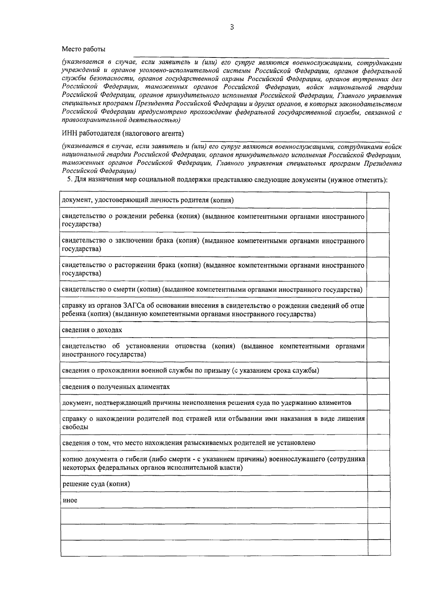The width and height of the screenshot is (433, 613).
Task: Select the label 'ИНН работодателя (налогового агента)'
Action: tap(123, 134)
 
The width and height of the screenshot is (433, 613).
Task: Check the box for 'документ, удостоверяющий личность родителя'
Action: tap(378, 200)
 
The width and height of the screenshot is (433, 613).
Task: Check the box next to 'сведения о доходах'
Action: tap(378, 330)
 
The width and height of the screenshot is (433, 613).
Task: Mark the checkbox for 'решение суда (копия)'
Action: tap(379, 484)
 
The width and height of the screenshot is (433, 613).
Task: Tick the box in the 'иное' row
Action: tap(379, 500)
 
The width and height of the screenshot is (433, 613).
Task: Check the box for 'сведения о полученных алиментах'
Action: tap(378, 387)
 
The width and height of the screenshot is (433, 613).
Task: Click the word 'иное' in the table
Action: tap(70, 501)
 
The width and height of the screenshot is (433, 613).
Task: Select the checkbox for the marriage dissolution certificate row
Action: tap(378, 269)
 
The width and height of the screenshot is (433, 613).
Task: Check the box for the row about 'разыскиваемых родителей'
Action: tap(378, 443)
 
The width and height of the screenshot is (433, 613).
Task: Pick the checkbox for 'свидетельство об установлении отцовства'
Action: tap(378, 350)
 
